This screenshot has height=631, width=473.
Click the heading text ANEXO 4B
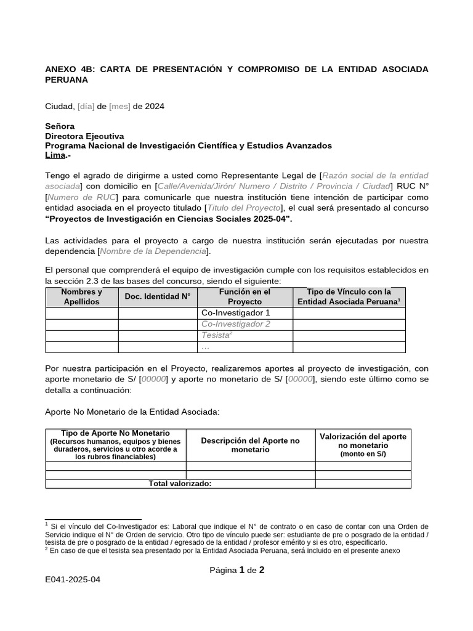click(68, 69)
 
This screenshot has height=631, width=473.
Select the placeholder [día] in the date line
click(86, 106)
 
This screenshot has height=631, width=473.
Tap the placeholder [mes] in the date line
click(119, 106)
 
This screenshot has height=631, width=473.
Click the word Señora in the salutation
click(60, 126)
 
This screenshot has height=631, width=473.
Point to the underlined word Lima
click(55, 155)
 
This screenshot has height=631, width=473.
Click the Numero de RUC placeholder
click(81, 197)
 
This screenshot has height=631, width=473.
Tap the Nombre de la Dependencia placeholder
click(153, 251)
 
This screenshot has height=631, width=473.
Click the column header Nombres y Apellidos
click(82, 296)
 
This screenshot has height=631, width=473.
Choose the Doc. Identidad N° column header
click(158, 296)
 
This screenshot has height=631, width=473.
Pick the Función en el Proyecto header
click(245, 296)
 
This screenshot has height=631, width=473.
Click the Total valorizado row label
click(180, 484)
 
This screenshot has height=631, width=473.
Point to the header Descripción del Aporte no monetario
click(250, 445)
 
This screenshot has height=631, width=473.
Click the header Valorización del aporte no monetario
click(363, 445)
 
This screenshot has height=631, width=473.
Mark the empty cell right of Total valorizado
click(363, 484)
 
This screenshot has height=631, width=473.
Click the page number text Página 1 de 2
click(236, 570)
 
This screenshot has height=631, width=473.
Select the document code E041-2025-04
click(73, 580)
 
